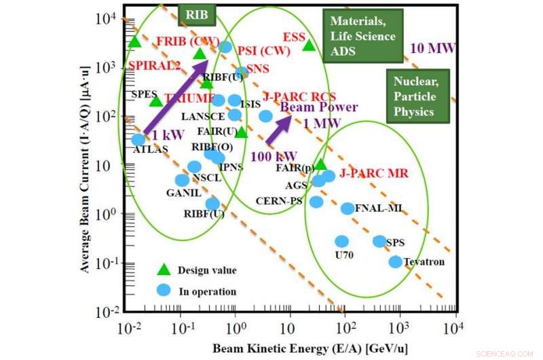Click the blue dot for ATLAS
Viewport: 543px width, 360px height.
point(138,140)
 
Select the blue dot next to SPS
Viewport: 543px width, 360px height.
point(379,241)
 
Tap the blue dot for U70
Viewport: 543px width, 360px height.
point(341,241)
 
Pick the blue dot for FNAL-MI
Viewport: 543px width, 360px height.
point(348,209)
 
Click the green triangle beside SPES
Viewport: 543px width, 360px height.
point(155,101)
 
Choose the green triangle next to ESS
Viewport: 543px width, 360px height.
point(309,46)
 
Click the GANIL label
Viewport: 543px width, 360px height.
point(183,192)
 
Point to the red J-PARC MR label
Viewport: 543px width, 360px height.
point(374,173)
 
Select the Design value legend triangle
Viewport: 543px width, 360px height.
point(163,270)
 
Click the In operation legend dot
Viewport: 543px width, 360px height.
point(163,290)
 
